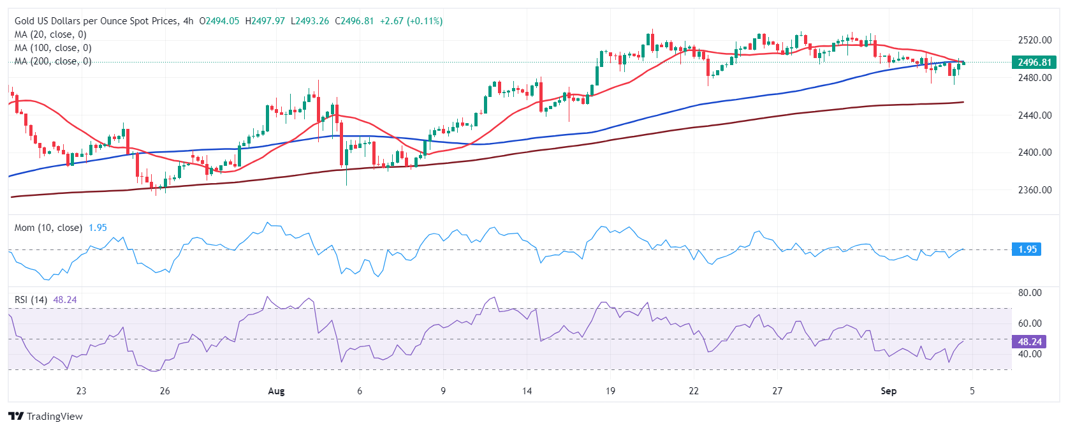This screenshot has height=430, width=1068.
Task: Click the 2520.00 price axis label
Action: [1034, 40]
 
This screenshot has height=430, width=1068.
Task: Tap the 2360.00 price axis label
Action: [1034, 189]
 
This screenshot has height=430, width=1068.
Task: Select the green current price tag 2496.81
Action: [1034, 62]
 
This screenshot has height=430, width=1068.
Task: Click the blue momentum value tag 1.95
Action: [1027, 249]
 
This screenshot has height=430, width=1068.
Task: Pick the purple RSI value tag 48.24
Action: [1029, 342]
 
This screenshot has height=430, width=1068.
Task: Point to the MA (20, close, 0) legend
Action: [50, 34]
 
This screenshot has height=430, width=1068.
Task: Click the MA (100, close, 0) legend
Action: [53, 48]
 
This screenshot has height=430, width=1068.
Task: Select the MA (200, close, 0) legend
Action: [53, 61]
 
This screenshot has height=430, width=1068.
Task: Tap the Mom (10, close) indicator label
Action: [48, 228]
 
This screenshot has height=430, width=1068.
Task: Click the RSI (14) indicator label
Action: [31, 300]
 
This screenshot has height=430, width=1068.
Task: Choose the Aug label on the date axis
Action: [276, 391]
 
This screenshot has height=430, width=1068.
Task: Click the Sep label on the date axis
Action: [888, 391]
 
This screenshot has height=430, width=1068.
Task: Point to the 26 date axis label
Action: [165, 391]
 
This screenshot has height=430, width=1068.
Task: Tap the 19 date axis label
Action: [610, 391]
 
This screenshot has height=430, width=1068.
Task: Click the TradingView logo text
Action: [54, 417]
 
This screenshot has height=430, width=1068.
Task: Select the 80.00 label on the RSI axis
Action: [1030, 293]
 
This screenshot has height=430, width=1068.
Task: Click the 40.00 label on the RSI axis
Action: [1030, 354]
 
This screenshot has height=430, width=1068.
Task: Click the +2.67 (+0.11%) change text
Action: [411, 21]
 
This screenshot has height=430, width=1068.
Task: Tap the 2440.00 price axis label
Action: [1034, 115]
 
